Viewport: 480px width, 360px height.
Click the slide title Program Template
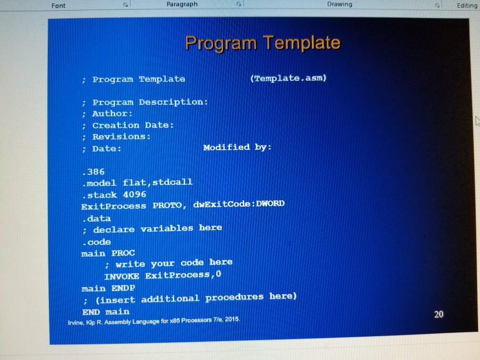click(x=262, y=43)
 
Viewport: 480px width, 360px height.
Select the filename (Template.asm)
click(x=288, y=78)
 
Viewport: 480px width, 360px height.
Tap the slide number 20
click(x=439, y=314)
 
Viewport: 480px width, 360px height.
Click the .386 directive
click(x=93, y=171)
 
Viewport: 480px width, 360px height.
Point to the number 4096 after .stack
click(x=135, y=194)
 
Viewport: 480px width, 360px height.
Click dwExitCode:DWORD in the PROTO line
click(x=239, y=204)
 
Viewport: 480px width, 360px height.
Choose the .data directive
click(x=96, y=218)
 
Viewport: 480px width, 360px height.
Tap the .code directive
click(x=96, y=241)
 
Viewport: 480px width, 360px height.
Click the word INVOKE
click(x=121, y=276)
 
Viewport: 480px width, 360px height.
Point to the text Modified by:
click(x=237, y=147)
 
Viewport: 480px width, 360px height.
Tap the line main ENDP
click(x=108, y=288)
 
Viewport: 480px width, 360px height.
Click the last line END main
click(x=105, y=311)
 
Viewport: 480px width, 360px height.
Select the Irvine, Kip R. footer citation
click(x=153, y=320)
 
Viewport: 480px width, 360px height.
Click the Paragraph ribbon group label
click(x=182, y=4)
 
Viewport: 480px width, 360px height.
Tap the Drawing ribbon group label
click(x=340, y=4)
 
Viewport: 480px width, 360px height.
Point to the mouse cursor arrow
click(x=477, y=121)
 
